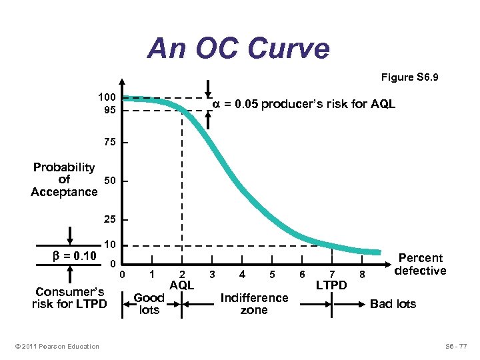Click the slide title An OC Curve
pos(239,49)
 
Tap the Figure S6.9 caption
pos(409,78)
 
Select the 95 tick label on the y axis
pos(109,110)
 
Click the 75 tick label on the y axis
pos(109,143)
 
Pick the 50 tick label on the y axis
pos(109,181)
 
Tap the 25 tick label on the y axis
pos(109,219)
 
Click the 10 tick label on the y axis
pos(109,245)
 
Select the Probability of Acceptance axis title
pos(64,179)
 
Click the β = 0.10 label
pos(75,256)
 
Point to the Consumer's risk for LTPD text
pos(69,298)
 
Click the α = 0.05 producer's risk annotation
pos(303,104)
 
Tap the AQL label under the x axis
pos(181,285)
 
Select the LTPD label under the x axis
pos(331,285)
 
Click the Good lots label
pos(149,304)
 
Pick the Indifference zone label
pos(254,304)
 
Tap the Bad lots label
pos(393,304)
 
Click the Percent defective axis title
pos(420,264)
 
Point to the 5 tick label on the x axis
pos(271,274)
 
